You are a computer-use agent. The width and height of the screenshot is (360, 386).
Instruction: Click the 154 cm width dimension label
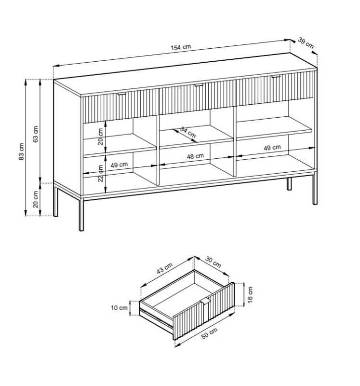coord(181,47)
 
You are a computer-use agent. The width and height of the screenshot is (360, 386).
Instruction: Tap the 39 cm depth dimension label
coord(306,43)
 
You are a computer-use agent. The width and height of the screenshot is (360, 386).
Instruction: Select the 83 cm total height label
coord(22,152)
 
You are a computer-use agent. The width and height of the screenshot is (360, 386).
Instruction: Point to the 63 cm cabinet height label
coord(36,134)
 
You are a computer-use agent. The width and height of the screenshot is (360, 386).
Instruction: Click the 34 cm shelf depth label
coord(188,132)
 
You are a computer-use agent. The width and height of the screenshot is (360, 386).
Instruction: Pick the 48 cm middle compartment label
coord(195,156)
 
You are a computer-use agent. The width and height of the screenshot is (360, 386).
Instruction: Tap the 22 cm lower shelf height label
coord(101,173)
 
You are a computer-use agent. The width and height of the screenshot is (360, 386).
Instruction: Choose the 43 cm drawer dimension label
coord(164,268)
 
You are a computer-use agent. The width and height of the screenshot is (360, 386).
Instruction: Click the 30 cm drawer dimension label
coord(213,262)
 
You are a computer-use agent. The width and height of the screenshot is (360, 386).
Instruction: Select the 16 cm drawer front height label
coord(250,295)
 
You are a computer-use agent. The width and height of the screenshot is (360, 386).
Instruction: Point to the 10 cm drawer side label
coord(119,308)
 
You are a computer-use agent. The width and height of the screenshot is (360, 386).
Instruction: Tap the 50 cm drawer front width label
coord(210,333)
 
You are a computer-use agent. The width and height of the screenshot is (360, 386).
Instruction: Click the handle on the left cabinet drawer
coord(122,94)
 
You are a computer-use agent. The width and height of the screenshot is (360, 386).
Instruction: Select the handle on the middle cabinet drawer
coord(199,85)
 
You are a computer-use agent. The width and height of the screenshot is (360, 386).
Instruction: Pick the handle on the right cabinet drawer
coord(276,77)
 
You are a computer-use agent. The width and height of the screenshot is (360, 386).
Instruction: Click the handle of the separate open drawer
coord(205,302)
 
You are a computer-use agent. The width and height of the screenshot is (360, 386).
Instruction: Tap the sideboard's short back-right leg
coord(289,184)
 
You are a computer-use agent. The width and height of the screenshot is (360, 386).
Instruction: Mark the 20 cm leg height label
coord(36,199)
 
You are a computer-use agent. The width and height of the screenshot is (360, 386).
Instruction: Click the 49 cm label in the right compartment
coord(272,148)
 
